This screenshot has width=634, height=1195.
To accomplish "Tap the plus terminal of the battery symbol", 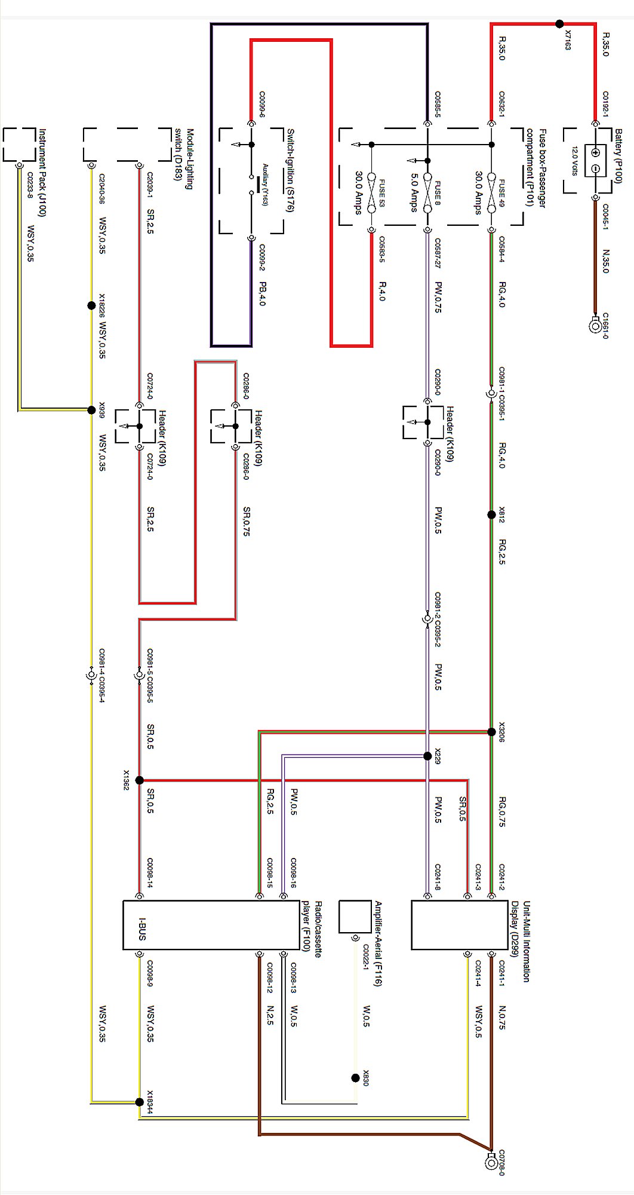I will point(595,152).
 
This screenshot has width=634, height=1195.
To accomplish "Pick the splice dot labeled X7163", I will point(559,24).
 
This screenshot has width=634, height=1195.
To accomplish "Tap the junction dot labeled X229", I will point(427,756).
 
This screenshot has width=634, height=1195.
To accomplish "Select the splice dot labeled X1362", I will point(140,780).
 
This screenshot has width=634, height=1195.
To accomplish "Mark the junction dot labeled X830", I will point(356,1078).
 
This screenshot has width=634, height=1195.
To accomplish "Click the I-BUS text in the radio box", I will point(142,929).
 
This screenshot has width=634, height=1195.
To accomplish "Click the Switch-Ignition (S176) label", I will point(290,170).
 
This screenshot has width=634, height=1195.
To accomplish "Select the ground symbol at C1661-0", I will point(595,326).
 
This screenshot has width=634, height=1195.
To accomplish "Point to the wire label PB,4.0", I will point(261,293).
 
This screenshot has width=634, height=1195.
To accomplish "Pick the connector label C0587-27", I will point(438,253).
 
